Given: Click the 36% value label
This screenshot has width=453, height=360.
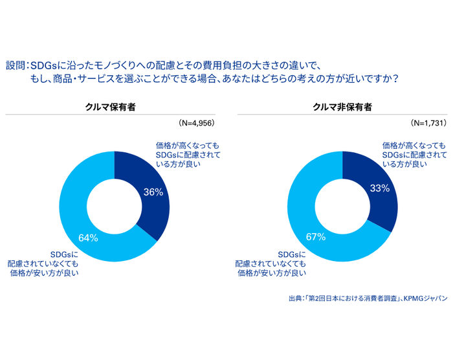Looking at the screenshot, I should pyautogui.click(x=153, y=192).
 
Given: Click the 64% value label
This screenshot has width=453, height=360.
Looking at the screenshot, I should pyautogui.click(x=88, y=238).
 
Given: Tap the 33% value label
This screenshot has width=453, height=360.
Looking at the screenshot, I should pyautogui.click(x=380, y=188).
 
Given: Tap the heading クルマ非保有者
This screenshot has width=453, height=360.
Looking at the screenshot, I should pyautogui.click(x=342, y=107).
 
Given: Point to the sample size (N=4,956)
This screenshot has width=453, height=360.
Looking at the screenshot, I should pyautogui.click(x=196, y=122).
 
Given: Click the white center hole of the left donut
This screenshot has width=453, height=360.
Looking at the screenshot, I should pyautogui.click(x=115, y=207).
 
